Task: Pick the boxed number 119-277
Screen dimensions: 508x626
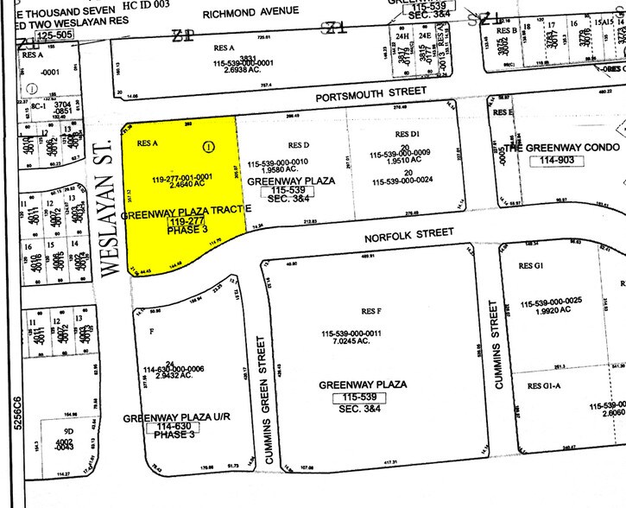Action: coord(182,222)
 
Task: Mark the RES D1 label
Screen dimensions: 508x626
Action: coord(407,134)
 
